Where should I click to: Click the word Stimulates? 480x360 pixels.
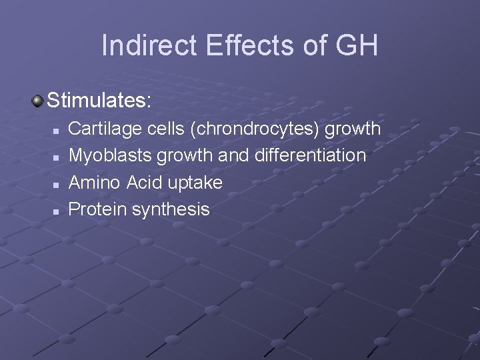click(x=99, y=102)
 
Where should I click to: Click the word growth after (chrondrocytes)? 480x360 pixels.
click(x=355, y=129)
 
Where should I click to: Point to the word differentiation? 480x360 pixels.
click(x=309, y=155)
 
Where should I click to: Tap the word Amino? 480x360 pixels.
click(x=93, y=183)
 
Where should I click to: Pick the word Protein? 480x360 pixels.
click(x=98, y=210)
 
